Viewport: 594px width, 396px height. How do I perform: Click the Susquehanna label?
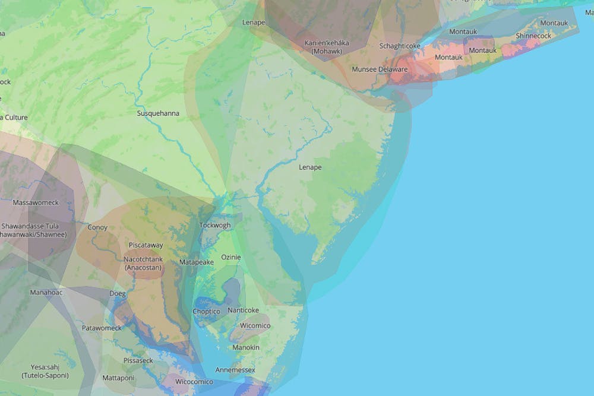(157, 113)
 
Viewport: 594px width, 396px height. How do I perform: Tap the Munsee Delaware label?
(380, 69)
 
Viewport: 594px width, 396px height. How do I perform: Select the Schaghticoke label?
(400, 46)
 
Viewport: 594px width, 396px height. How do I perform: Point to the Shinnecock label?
(533, 36)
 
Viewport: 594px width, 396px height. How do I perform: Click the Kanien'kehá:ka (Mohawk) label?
(327, 47)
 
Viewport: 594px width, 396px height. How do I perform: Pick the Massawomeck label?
(36, 202)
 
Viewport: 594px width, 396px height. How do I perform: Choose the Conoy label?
(97, 227)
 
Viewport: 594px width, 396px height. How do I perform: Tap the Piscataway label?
(146, 245)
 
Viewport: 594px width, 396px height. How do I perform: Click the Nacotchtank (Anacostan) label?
(144, 264)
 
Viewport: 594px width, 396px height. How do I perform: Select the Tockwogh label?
(214, 226)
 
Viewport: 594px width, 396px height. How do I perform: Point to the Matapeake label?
(197, 262)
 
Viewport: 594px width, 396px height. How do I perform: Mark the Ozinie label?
(230, 257)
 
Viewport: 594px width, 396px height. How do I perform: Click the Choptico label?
(206, 312)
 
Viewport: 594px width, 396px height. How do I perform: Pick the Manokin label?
(246, 347)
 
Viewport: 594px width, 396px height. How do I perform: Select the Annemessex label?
(235, 370)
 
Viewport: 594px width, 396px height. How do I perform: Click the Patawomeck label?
(102, 328)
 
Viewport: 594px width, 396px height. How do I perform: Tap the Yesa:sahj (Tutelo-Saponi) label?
(45, 371)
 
